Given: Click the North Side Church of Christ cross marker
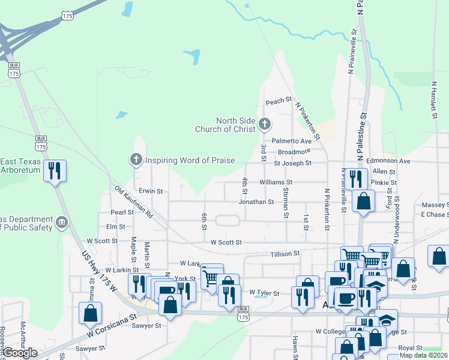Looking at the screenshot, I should [x=265, y=125].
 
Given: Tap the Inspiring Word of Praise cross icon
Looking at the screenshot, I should [x=136, y=160].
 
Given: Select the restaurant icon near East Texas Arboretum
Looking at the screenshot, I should [x=55, y=171].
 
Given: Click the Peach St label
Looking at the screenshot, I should [x=279, y=100].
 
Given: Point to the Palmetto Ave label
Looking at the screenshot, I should [x=292, y=141].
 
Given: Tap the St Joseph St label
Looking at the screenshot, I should [x=293, y=163].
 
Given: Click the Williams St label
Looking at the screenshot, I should [x=276, y=182].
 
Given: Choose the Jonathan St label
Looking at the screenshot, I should [x=256, y=202].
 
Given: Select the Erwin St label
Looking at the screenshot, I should [x=151, y=191].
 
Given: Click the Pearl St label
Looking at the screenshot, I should [x=122, y=212].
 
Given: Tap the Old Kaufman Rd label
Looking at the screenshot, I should [x=134, y=203].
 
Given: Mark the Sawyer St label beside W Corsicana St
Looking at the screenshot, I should [x=147, y=326].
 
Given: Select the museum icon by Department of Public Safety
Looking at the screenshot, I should [x=61, y=224].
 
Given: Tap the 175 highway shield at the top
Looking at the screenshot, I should [x=68, y=15].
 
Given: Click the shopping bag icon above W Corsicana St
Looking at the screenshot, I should [x=90, y=313].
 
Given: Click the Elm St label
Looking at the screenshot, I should [x=115, y=227].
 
